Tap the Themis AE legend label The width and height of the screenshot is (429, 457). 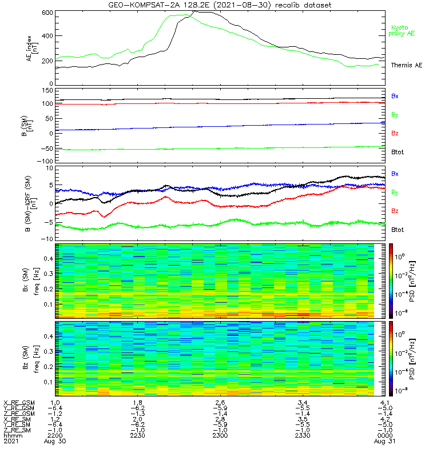[x=406, y=65]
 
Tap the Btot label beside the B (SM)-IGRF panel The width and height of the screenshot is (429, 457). [x=398, y=230]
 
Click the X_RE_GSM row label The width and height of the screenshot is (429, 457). [x=19, y=403]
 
